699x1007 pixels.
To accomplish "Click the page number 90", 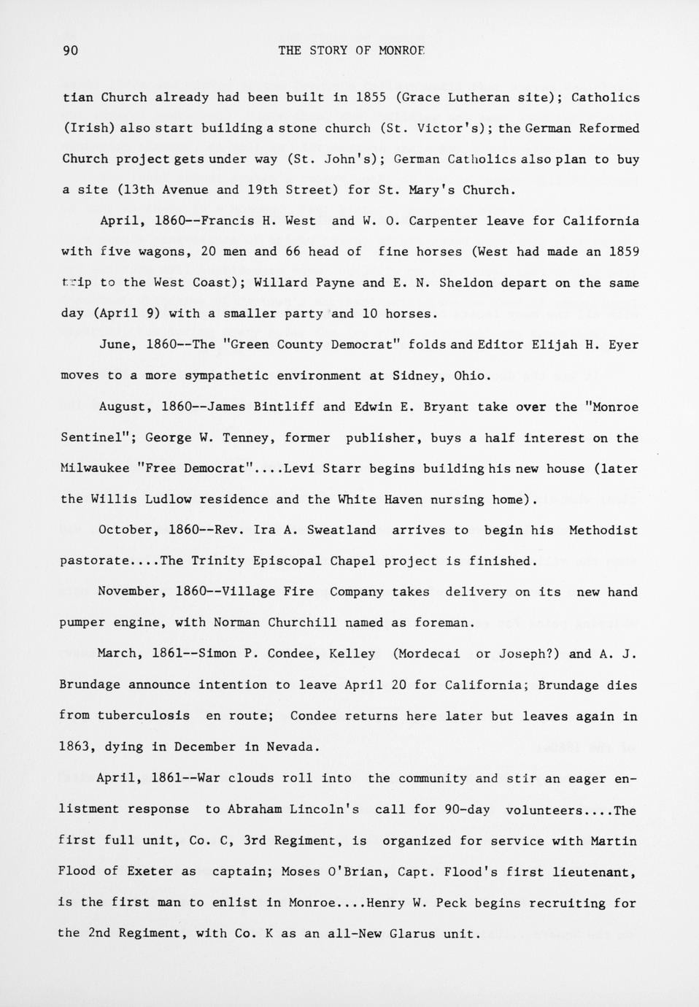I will [x=71, y=50].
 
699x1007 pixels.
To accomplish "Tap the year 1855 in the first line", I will [x=371, y=97].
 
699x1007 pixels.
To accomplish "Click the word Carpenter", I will [x=444, y=221].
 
